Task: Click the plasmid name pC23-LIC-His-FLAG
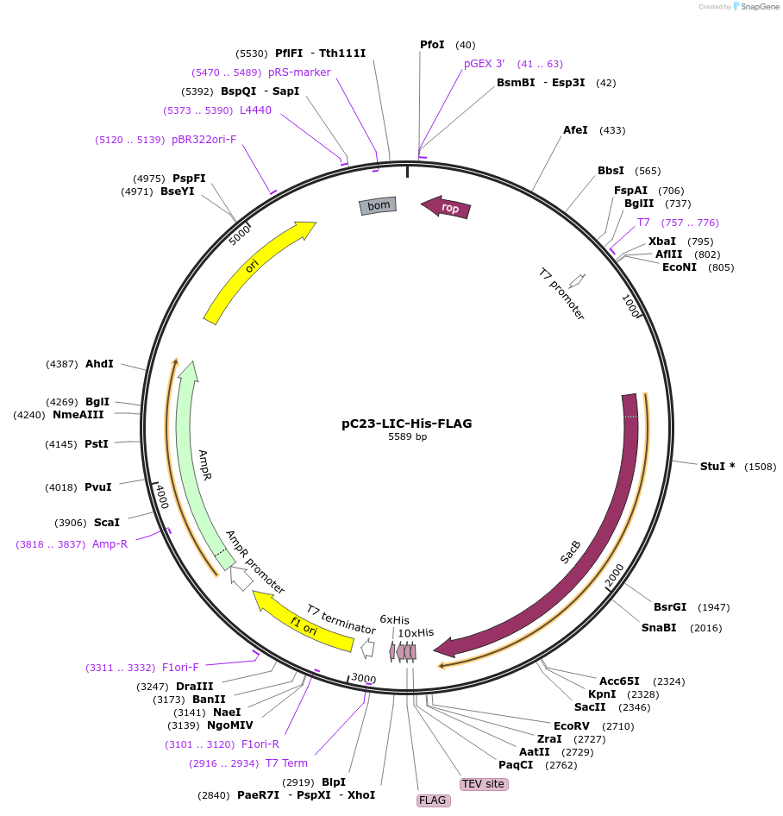[406, 424]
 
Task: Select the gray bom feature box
[378, 205]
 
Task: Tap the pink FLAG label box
[432, 800]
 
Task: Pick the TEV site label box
[483, 784]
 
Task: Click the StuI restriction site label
[717, 467]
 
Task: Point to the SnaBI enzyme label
[659, 628]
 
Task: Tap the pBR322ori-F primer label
[204, 140]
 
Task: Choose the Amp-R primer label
[110, 544]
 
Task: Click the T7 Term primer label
[286, 763]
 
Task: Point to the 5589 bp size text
[407, 437]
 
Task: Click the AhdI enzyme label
[99, 364]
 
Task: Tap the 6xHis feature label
[395, 619]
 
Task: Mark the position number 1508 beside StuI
[761, 467]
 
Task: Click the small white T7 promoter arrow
[577, 280]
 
